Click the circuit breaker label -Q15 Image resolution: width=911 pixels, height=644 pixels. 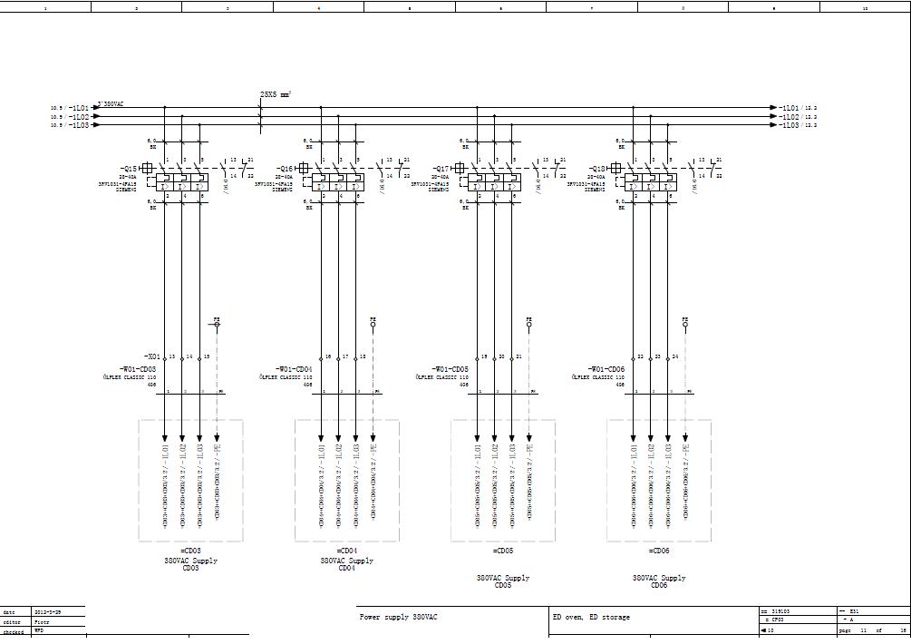click(x=128, y=169)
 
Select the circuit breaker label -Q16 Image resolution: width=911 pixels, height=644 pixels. click(x=285, y=169)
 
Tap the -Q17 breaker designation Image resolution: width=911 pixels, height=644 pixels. click(x=441, y=169)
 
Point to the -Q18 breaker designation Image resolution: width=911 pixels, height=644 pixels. click(x=597, y=169)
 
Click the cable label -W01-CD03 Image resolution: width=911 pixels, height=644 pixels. click(x=137, y=369)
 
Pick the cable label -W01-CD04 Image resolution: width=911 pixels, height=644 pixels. click(x=294, y=369)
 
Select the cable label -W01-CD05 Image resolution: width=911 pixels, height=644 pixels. click(x=450, y=369)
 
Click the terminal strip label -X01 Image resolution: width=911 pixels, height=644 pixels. click(x=151, y=357)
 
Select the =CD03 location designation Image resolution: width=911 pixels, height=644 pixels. click(x=190, y=551)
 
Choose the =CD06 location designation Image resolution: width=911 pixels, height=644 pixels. click(x=659, y=551)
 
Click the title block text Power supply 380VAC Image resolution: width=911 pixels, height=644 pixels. click(x=399, y=618)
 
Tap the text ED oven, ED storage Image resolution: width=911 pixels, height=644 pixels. click(x=591, y=618)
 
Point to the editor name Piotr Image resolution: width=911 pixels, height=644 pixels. click(x=42, y=622)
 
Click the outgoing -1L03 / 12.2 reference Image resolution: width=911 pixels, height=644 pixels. click(x=798, y=125)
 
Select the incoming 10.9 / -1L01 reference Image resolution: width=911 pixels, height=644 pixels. click(x=70, y=108)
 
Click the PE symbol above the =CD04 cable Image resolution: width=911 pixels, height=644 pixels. click(x=373, y=321)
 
